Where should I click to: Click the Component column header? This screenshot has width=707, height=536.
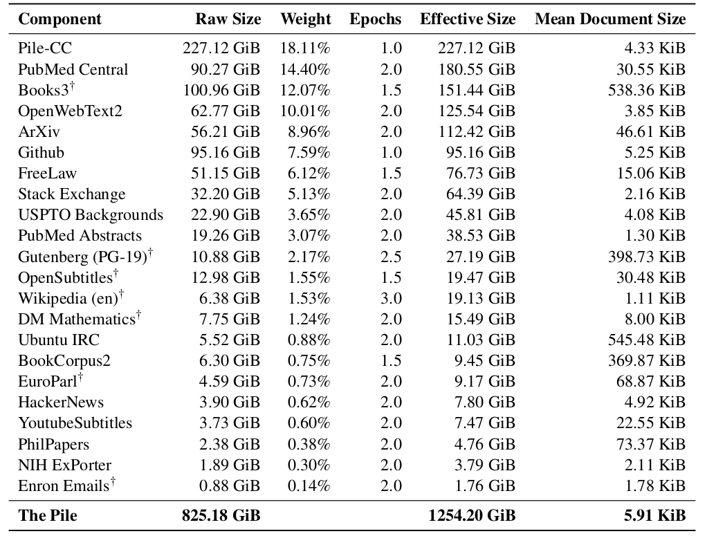(59, 19)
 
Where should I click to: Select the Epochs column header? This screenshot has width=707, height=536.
(375, 19)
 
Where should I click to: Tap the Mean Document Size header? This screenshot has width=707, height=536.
(610, 19)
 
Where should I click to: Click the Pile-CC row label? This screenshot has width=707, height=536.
(45, 48)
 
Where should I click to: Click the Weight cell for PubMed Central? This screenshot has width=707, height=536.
(305, 69)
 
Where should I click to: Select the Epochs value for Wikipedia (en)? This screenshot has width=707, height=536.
(391, 298)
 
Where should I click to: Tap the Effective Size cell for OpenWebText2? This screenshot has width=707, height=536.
(477, 111)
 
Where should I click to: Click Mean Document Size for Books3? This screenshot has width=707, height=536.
(647, 90)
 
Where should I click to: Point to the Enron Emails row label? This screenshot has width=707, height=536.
(64, 486)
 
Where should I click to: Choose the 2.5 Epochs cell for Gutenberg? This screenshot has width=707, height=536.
(391, 257)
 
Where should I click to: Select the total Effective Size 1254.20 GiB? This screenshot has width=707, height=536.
(472, 515)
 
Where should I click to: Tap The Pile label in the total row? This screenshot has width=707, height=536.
(48, 515)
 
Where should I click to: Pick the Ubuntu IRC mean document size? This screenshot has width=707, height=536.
(647, 340)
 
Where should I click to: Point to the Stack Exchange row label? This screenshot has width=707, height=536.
(72, 194)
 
